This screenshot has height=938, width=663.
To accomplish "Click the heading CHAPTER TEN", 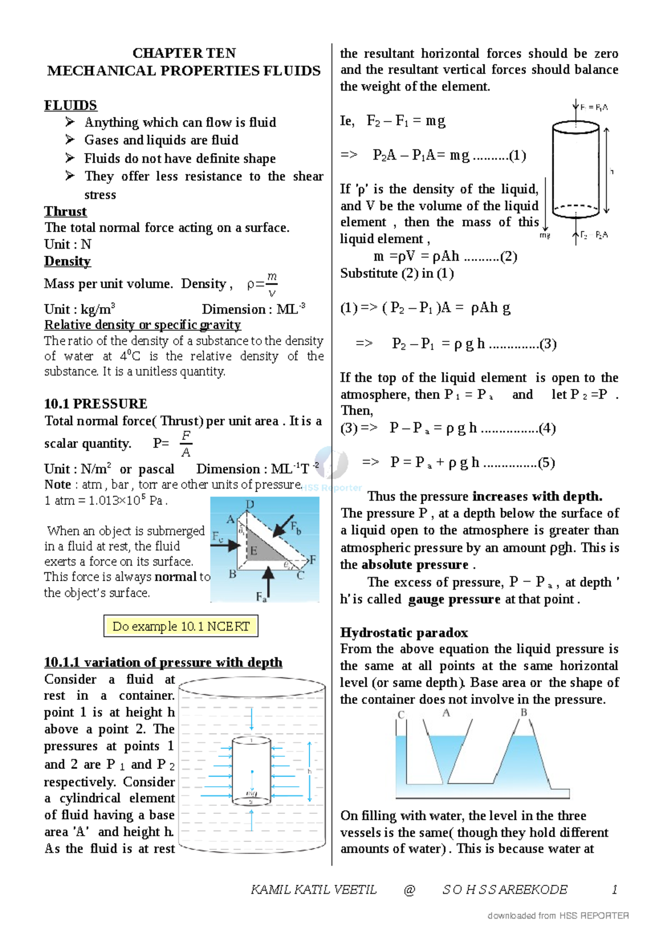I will tap(184, 53).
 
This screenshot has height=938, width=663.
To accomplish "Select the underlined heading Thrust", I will tap(65, 212).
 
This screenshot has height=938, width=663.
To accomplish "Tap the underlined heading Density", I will tap(67, 261).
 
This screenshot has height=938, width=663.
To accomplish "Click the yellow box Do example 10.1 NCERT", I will tap(181, 626).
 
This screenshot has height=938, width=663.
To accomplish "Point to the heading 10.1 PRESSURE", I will tap(96, 404).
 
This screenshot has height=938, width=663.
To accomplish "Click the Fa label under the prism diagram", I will tap(261, 597).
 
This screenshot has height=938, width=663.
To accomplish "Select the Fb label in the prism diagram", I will tap(296, 527).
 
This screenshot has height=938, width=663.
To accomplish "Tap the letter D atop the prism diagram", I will tap(250, 504).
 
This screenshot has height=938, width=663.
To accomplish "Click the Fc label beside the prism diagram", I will tap(218, 536).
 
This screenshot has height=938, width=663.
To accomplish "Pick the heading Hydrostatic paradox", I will tap(404, 633).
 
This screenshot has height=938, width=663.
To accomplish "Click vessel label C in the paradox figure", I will tap(401, 714).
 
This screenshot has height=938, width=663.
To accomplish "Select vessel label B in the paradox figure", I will tap(524, 713).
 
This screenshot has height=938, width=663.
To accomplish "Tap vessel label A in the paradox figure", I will tap(446, 713).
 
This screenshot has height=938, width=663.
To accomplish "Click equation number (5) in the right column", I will tap(546, 463).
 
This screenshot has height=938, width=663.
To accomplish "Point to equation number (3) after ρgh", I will tap(548, 344).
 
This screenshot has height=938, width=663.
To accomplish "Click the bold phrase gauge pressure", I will tap(454, 599).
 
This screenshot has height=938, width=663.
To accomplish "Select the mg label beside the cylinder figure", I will tap(545, 235).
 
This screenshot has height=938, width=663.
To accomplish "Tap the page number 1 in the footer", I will tap(614, 890).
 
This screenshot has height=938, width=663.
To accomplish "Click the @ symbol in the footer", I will tap(409, 890).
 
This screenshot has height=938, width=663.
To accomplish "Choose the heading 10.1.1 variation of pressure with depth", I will tap(163, 662).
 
